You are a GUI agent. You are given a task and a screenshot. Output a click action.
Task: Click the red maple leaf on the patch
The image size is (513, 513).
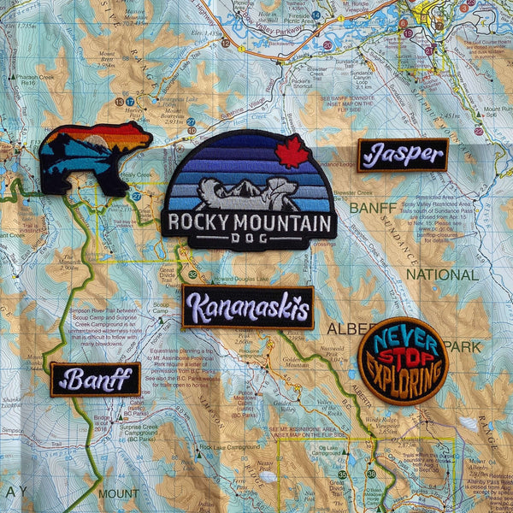click(292, 150)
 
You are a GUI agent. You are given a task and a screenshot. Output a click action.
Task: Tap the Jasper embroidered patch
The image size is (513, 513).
click(402, 155)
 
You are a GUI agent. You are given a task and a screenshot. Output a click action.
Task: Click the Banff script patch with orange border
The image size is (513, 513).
click(95, 379)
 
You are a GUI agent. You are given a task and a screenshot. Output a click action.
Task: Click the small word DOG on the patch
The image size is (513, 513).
click(250, 241)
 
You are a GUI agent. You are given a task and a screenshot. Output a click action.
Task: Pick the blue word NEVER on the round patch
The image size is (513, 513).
click(402, 335)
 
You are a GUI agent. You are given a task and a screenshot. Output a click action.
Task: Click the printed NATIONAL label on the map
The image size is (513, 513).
click(441, 274)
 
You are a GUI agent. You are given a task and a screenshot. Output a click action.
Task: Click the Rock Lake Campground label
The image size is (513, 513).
click(228, 447)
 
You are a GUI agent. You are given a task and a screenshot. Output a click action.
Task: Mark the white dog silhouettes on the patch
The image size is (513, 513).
click(248, 193)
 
